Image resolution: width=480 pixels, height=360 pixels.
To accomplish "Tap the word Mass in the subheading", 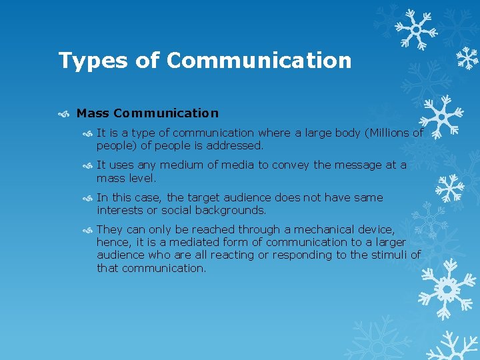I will click(93, 113).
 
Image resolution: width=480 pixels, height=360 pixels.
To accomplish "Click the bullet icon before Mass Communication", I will click(63, 114).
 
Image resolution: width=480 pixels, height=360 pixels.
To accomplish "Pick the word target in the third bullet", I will click(207, 197).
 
